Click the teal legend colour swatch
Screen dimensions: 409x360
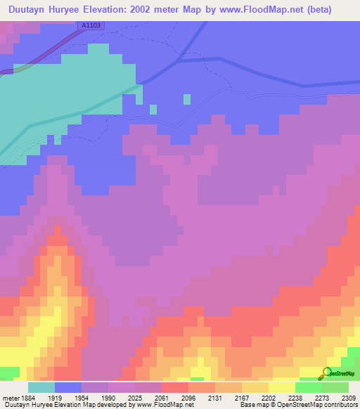[41, 387]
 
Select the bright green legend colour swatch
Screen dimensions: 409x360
[309, 387]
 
